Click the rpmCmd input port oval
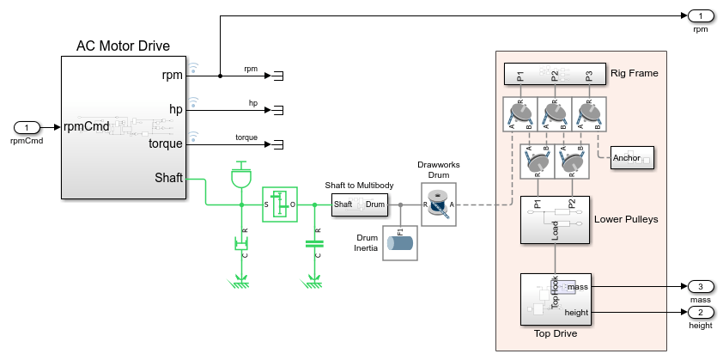(27, 127)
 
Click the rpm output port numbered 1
(701, 15)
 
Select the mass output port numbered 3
(701, 286)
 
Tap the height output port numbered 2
(701, 312)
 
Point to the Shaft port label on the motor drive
(168, 179)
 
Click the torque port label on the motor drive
(166, 144)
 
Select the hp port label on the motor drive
(175, 110)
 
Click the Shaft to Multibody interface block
(359, 204)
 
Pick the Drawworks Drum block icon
(438, 204)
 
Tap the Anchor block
(632, 158)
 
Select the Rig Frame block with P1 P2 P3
(555, 75)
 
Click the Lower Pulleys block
(555, 220)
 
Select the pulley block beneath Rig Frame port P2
(555, 113)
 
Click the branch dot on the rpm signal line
(221, 76)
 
